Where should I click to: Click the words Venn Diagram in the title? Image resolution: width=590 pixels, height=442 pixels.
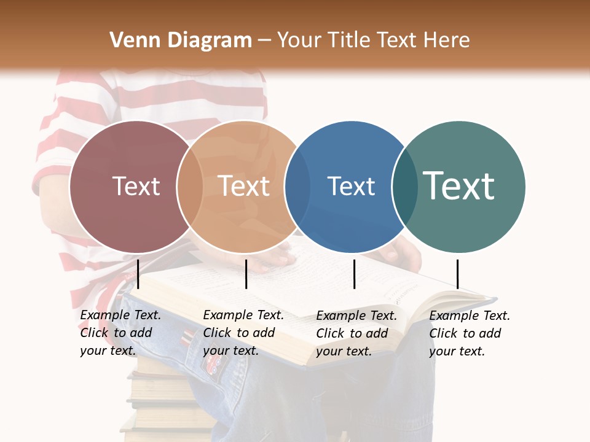(x=181, y=41)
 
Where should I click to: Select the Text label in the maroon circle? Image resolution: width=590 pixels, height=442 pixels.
(x=136, y=187)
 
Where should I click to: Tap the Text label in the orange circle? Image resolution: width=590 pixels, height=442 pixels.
(x=244, y=187)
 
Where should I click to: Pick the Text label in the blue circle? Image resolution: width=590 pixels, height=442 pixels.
(x=352, y=187)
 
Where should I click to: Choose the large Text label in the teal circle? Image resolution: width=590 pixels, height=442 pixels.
(x=459, y=185)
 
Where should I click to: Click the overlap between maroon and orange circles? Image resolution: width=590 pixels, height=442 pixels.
(x=190, y=187)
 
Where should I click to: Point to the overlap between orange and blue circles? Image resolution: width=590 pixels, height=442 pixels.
(x=297, y=187)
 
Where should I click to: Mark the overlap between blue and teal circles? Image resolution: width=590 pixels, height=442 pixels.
(x=405, y=187)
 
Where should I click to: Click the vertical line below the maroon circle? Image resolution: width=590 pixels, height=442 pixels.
(x=138, y=274)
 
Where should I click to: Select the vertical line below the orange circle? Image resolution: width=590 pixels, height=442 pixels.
(x=246, y=274)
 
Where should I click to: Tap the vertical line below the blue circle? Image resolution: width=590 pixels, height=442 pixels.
(x=354, y=274)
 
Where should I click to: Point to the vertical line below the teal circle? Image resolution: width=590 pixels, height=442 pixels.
(x=457, y=274)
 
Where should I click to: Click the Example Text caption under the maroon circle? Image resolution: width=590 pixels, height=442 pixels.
(x=120, y=333)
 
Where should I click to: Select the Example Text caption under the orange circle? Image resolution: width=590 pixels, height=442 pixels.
(x=243, y=333)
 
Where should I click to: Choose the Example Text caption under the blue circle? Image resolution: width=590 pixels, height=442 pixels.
(x=356, y=333)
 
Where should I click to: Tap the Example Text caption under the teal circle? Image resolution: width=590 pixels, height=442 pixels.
(x=469, y=333)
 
